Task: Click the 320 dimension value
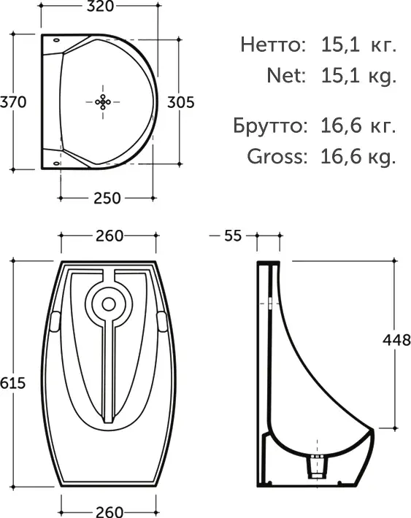point(100,6)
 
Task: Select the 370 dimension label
point(13,102)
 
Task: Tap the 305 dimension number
point(180,102)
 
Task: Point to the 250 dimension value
point(107,198)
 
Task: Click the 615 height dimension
point(12,383)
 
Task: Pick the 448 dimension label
point(396,340)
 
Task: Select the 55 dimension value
point(233,236)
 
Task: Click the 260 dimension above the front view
point(110,236)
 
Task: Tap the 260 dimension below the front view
point(110,511)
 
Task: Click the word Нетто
point(271,45)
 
